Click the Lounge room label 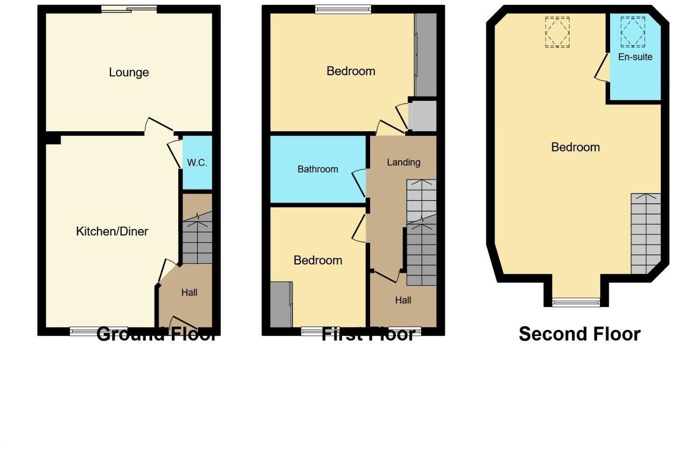tap(129, 72)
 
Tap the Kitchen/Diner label tap(112, 231)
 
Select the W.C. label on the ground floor tap(197, 163)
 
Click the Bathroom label tap(318, 169)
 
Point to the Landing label tap(403, 162)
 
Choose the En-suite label tap(635, 57)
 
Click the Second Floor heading tap(579, 334)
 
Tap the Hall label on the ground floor tap(189, 293)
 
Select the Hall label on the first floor tap(403, 300)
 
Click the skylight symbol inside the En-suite tap(633, 32)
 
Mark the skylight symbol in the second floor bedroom tap(557, 32)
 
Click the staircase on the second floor tap(645, 233)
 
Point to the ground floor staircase tap(197, 238)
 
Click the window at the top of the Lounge tap(129, 8)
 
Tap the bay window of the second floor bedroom tap(576, 303)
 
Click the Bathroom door tap(359, 183)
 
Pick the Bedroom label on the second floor tap(575, 147)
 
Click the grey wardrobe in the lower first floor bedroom tap(281, 305)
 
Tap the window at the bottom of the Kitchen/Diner tap(98, 331)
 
